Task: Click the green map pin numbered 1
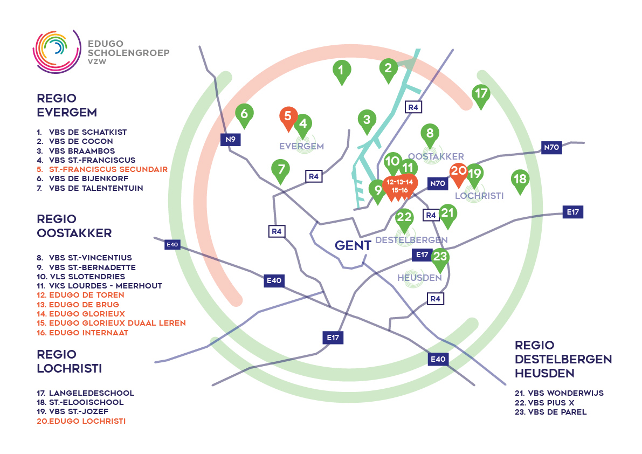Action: click(x=341, y=71)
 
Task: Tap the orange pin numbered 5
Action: click(x=288, y=116)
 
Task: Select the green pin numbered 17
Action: click(x=481, y=95)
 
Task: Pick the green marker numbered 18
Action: click(x=520, y=180)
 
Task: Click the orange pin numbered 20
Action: click(x=459, y=173)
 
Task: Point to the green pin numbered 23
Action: click(x=440, y=258)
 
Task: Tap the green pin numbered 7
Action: click(x=281, y=169)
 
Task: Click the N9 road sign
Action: click(x=231, y=140)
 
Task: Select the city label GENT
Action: click(x=353, y=245)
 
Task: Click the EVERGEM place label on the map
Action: click(x=301, y=146)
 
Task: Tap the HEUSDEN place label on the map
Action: click(x=419, y=278)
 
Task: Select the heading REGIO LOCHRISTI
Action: click(x=69, y=361)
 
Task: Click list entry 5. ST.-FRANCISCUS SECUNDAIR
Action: click(x=102, y=169)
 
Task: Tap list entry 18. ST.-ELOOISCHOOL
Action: click(x=80, y=402)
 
